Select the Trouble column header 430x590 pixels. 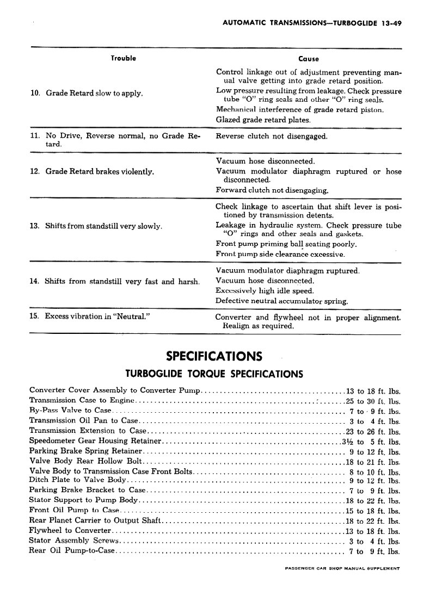click(123, 58)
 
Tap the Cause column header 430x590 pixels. click(309, 59)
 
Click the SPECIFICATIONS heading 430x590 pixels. click(214, 357)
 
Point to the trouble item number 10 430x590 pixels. click(35, 93)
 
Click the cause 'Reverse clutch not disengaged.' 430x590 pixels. click(272, 136)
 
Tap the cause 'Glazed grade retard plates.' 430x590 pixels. click(263, 120)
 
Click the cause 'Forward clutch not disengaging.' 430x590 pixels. click(272, 190)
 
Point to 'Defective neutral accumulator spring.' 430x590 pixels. click(282, 301)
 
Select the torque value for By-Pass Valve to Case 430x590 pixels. click(375, 411)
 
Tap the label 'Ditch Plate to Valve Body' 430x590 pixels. click(78, 480)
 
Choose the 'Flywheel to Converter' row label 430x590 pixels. click(63, 531)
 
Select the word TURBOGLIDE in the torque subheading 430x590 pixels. click(156, 374)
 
